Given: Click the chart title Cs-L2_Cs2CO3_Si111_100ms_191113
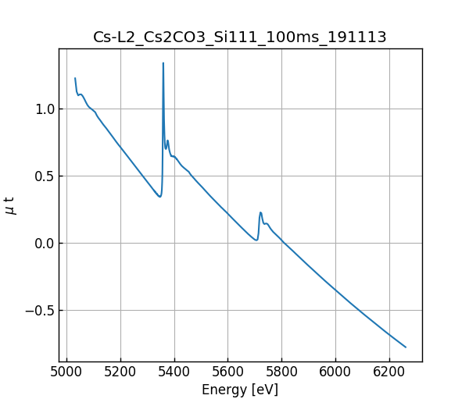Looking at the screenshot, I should point(240,37).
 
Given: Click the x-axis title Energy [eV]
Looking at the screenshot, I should point(240,390).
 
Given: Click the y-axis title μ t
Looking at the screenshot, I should point(10,205).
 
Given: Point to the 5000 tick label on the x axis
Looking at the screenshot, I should point(66,372).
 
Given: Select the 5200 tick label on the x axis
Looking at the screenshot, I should point(120,372).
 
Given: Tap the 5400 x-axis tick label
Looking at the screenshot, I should point(174,372).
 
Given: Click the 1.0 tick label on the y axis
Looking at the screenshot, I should point(45,109).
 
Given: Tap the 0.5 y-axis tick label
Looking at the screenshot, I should point(45,176).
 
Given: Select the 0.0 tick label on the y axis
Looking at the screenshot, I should point(45,244).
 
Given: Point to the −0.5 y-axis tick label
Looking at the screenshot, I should point(41,311).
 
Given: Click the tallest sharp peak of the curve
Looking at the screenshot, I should point(163,63).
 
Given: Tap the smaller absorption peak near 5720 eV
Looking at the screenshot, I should point(260,212).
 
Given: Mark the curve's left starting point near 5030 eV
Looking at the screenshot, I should point(75,78).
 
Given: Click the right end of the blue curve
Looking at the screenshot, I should point(406,347).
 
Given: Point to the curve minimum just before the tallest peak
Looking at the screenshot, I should point(159,196).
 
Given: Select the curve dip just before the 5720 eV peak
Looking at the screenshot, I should point(256,240).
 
